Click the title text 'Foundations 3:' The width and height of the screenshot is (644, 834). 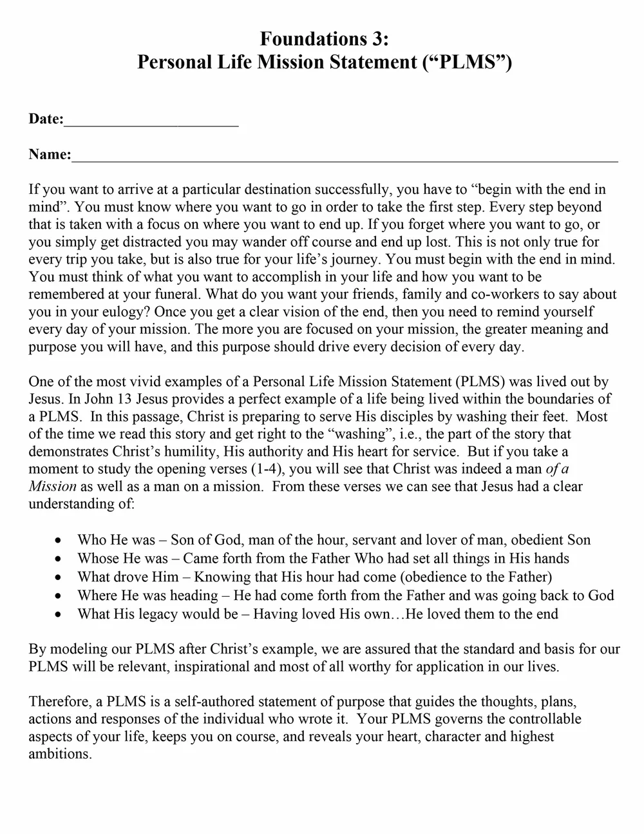324,39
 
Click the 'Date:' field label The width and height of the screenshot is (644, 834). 46,119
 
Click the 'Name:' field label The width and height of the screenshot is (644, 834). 50,155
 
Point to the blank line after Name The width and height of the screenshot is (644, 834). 345,157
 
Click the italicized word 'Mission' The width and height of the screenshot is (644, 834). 52,486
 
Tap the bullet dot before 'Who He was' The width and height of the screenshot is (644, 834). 59,540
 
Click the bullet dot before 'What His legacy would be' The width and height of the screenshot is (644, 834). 59,614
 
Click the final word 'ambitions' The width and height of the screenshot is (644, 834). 59,753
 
